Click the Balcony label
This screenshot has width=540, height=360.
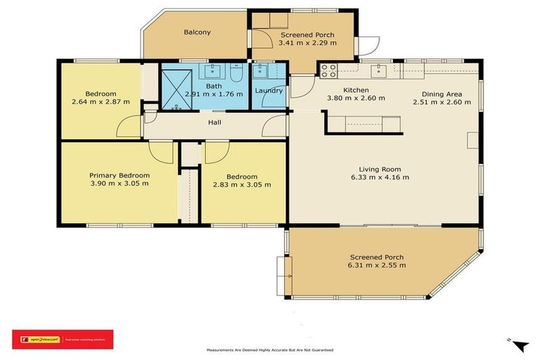[197, 32]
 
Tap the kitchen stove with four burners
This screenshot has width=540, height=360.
[329, 70]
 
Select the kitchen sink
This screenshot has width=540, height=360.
[380, 70]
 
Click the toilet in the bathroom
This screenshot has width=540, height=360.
[236, 72]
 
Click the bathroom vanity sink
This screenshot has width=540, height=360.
[213, 70]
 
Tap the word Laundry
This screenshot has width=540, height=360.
[269, 90]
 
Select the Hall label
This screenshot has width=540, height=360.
[215, 122]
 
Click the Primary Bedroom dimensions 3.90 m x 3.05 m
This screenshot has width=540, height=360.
[119, 184]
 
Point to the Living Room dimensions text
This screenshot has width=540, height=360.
[384, 177]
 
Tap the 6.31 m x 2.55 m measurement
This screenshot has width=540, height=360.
[376, 266]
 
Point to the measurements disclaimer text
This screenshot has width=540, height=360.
[269, 349]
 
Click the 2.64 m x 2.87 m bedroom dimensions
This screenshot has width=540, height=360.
[101, 103]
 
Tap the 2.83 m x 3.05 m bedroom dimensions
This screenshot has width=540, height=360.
[242, 185]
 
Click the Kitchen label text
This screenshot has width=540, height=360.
[356, 90]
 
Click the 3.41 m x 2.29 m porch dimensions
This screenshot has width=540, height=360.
[307, 43]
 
